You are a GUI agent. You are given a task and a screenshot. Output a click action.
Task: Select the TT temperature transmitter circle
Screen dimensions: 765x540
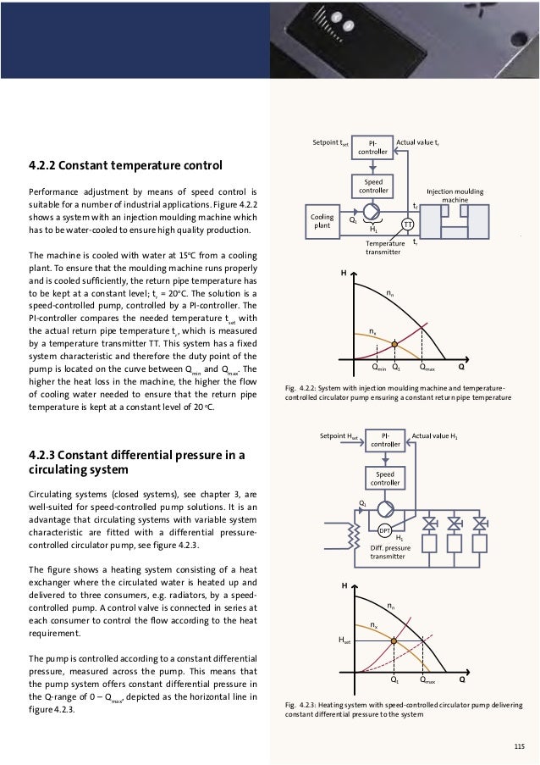click(x=407, y=225)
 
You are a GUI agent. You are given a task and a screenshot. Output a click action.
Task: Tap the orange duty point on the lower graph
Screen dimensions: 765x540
click(x=395, y=641)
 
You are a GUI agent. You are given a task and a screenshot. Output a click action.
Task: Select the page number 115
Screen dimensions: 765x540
click(x=519, y=746)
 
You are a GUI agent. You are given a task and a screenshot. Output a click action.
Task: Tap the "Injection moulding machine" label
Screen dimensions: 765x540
click(x=455, y=196)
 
